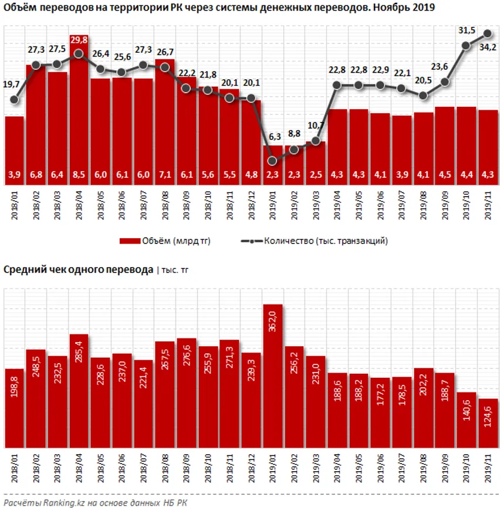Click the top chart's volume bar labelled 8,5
(x=79, y=117)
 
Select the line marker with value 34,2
(x=488, y=33)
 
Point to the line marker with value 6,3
(x=273, y=160)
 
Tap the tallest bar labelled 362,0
(x=273, y=375)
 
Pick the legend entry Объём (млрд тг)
(x=165, y=241)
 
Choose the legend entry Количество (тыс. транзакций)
(x=322, y=241)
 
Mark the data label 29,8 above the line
(x=79, y=39)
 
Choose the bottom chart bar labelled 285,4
(x=79, y=390)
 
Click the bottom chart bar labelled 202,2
(x=424, y=408)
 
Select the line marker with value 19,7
(x=15, y=100)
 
